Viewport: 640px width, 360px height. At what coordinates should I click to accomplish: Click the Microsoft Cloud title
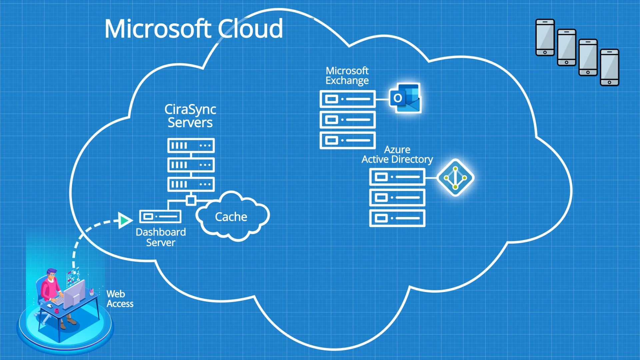tap(194, 29)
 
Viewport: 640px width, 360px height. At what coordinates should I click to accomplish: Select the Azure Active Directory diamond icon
tap(455, 178)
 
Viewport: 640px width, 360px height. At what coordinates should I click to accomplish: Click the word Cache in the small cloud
tap(231, 217)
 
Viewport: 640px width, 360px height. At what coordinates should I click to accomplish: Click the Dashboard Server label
tap(161, 237)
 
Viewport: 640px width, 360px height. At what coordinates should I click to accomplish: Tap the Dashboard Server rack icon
tap(160, 217)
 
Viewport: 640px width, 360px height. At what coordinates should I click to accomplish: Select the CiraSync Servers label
tap(190, 116)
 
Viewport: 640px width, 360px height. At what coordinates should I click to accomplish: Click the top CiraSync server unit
tap(191, 146)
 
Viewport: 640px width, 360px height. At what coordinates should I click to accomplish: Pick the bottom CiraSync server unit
tap(191, 184)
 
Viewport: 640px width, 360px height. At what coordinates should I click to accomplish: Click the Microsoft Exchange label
tap(347, 76)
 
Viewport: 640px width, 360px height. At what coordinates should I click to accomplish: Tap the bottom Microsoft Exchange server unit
tap(348, 140)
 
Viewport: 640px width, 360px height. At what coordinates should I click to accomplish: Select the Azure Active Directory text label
tap(397, 155)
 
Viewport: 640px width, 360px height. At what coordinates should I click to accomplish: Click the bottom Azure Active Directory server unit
tap(397, 218)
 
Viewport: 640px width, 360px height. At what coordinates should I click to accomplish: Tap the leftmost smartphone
tap(545, 37)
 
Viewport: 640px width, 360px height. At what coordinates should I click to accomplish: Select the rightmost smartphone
tap(609, 67)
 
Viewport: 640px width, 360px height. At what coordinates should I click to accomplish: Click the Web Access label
tap(120, 299)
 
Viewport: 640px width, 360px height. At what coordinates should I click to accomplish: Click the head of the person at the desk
tap(51, 274)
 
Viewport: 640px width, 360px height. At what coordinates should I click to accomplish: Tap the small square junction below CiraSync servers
tap(191, 201)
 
